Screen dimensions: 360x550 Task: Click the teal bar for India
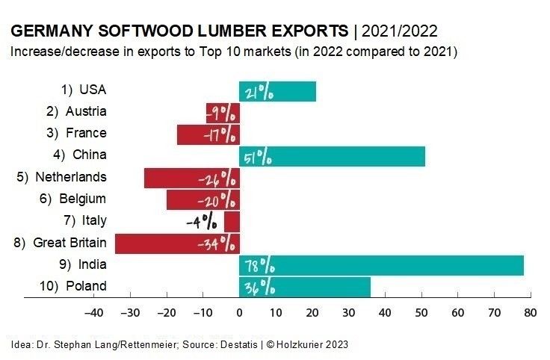(x=381, y=265)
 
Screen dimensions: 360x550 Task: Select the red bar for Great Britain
(x=177, y=243)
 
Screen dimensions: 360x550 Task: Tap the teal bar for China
(x=332, y=156)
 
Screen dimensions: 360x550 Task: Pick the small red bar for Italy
(x=232, y=222)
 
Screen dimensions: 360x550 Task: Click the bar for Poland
(x=305, y=287)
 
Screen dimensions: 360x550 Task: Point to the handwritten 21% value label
(x=258, y=92)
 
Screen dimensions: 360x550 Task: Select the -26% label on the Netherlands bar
(x=217, y=179)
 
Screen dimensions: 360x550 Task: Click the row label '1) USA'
(x=84, y=90)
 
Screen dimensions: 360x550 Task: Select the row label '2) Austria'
(x=76, y=112)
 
